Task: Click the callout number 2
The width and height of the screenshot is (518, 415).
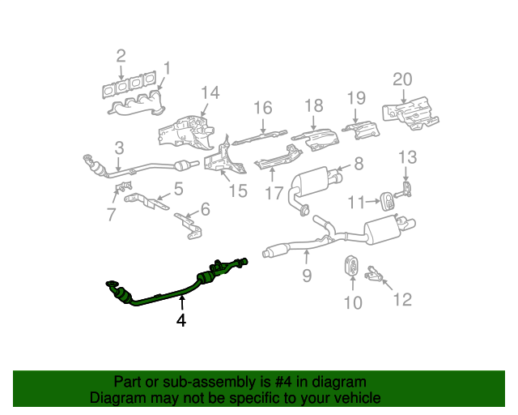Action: coord(121,56)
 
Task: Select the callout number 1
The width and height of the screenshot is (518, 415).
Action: coord(167,67)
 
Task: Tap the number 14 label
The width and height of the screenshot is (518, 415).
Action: coord(210,92)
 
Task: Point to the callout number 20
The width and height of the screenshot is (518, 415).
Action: coord(402,79)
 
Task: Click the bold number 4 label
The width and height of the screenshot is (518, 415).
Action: coord(181,321)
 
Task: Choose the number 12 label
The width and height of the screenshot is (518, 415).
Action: coord(401,300)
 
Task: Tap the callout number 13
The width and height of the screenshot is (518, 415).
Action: coord(406,156)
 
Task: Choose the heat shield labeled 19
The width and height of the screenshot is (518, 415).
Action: coord(359,129)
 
